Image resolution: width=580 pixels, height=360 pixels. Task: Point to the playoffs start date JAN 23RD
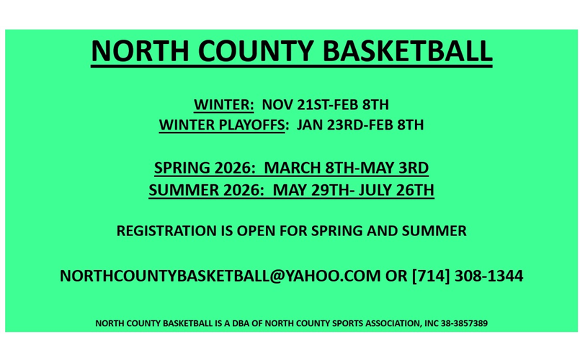pyautogui.click(x=331, y=125)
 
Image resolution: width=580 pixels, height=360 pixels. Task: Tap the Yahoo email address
pyautogui.click(x=220, y=276)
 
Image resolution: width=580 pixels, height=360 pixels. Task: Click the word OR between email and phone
pyautogui.click(x=396, y=276)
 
